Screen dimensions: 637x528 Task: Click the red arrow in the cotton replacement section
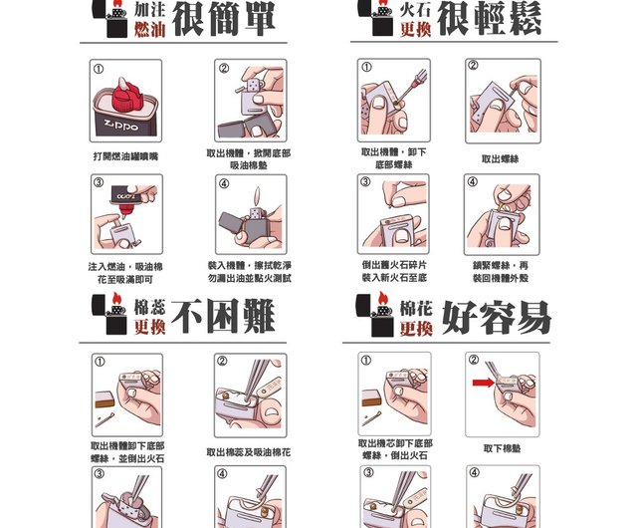tap(483, 383)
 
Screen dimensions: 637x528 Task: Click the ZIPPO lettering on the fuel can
tap(121, 126)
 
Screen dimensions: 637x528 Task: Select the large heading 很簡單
tap(224, 19)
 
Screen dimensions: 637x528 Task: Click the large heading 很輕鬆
tap(489, 19)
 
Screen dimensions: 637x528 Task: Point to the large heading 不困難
tap(223, 316)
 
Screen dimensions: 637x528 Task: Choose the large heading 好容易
tap(497, 317)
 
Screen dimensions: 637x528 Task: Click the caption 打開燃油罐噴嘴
tap(125, 156)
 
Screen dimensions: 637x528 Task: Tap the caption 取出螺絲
tap(500, 158)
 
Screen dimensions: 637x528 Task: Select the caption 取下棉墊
tap(502, 448)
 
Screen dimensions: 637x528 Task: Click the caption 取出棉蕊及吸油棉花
tap(249, 452)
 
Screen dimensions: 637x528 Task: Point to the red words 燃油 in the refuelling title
tap(150, 29)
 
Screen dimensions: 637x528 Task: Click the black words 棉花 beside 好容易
tap(416, 309)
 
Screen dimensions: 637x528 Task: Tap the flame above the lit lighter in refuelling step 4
tap(257, 196)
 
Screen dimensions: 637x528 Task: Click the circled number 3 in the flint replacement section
tap(365, 181)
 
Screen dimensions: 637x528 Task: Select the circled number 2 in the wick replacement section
tap(222, 361)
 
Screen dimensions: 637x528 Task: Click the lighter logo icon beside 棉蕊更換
tap(109, 314)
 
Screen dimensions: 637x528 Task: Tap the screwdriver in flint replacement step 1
tap(411, 88)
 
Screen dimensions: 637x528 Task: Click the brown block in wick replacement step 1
tap(105, 399)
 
